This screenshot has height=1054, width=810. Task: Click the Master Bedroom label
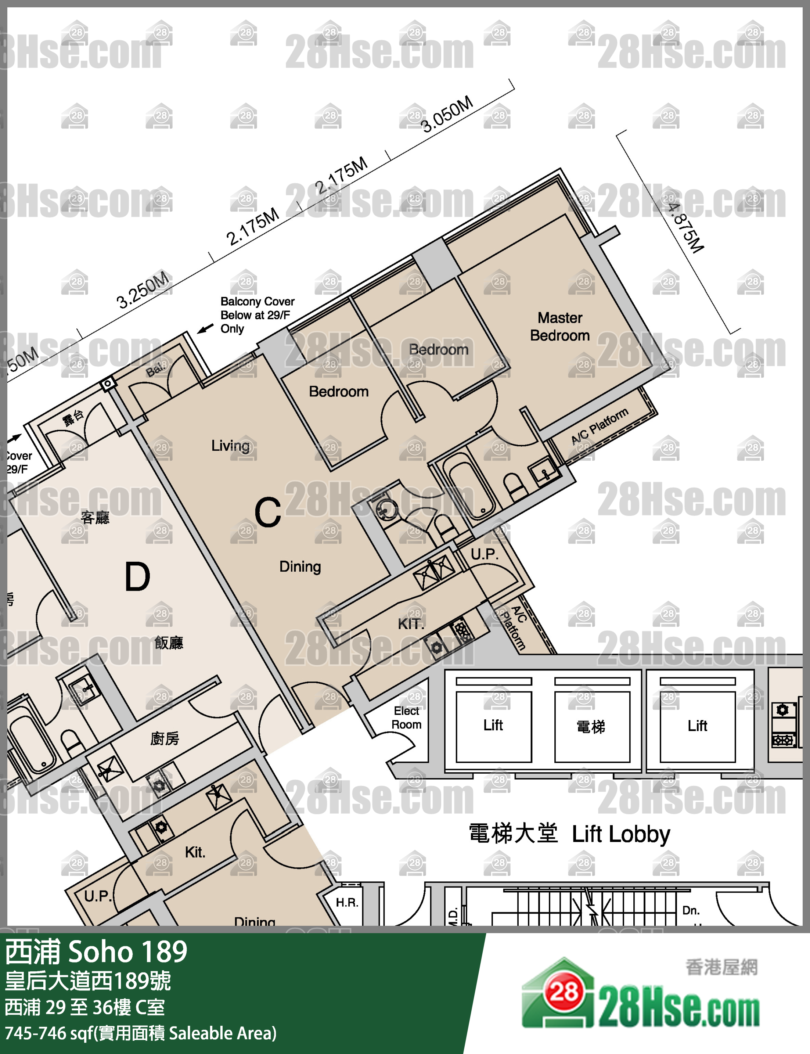click(x=560, y=327)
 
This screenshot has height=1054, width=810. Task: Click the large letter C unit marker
click(x=267, y=512)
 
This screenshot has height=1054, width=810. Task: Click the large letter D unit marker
click(x=137, y=577)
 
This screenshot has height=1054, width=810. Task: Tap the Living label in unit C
click(x=230, y=446)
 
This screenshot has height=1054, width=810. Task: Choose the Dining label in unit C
click(x=300, y=566)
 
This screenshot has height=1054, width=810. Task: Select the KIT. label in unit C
click(x=411, y=624)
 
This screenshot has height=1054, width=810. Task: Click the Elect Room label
click(x=406, y=717)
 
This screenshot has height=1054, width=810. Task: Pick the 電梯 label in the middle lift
click(x=591, y=726)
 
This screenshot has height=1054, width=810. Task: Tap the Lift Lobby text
click(x=621, y=834)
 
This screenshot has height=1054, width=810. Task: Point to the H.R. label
click(x=347, y=903)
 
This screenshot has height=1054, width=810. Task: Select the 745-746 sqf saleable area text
click(x=140, y=1034)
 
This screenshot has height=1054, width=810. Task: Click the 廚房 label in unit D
click(x=165, y=738)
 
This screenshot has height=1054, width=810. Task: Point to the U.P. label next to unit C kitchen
click(x=484, y=554)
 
